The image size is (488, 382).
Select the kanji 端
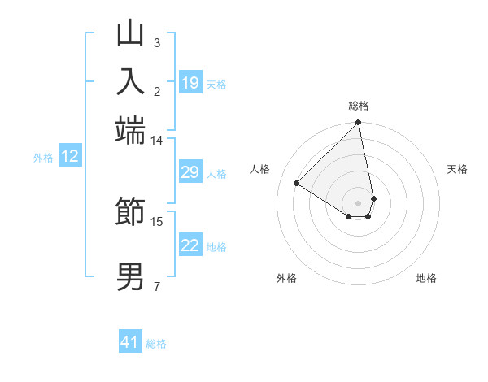tap(130, 128)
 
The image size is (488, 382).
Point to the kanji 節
tap(130, 212)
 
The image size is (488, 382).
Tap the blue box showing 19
tap(190, 83)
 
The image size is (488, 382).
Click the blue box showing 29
tap(190, 172)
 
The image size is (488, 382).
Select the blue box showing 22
tap(190, 245)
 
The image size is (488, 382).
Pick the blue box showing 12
tap(70, 157)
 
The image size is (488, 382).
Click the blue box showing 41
tap(130, 342)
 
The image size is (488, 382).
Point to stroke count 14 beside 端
tap(156, 141)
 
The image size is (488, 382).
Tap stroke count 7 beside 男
tap(156, 286)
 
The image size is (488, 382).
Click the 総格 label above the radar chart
tap(358, 106)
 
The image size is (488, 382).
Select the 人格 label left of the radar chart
tap(260, 169)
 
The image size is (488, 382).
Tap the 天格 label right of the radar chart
tap(457, 169)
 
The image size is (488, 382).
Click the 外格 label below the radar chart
tap(286, 278)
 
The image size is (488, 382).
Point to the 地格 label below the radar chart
tap(426, 278)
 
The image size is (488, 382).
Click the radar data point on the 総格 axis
tap(358, 123)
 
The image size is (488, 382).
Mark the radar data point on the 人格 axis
tap(297, 183)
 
